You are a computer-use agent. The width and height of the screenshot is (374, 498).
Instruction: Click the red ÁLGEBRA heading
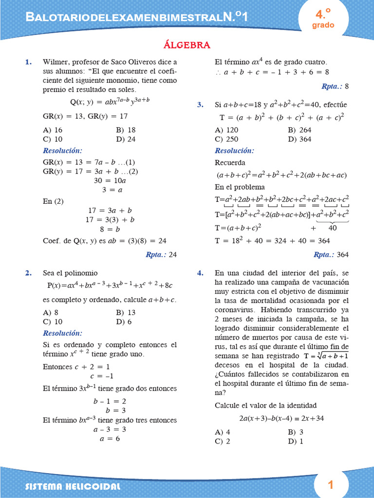tap(187, 45)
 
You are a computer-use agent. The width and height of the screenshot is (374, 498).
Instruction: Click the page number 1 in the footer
tap(331, 484)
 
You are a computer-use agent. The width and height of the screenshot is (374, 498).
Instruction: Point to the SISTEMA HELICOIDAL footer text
tap(73, 486)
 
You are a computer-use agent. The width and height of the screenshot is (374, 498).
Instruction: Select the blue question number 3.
tap(200, 105)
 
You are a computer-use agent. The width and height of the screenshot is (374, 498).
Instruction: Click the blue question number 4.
tap(200, 273)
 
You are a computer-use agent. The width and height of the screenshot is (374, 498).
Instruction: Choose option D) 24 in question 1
tap(126, 139)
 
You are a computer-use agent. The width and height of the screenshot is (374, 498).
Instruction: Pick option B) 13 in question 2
tap(126, 313)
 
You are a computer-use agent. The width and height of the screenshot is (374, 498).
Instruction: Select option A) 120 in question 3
tap(226, 130)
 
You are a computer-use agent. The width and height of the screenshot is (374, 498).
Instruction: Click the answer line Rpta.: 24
tap(161, 254)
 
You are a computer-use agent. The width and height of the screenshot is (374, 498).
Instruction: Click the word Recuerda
tap(230, 162)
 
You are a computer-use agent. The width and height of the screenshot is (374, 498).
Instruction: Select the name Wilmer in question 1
tap(55, 62)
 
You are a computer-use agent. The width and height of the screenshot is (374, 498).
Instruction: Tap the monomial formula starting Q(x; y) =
tap(110, 102)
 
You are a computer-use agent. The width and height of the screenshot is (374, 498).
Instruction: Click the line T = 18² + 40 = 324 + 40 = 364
tap(272, 240)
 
